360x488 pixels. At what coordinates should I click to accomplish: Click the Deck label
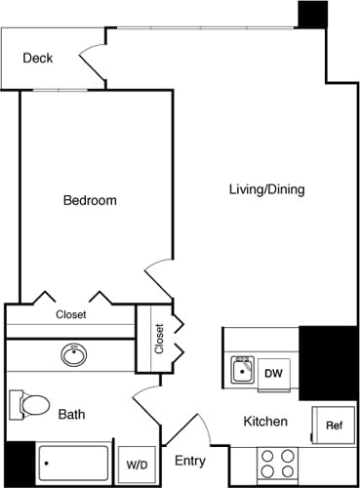click(37, 59)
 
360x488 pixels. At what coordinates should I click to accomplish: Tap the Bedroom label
click(90, 201)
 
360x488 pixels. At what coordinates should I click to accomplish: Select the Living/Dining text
click(266, 189)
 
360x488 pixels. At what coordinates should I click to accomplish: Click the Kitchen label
click(264, 422)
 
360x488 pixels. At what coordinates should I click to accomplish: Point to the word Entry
click(189, 461)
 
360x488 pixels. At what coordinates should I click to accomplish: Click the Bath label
click(71, 415)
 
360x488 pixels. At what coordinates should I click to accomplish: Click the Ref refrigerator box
click(333, 426)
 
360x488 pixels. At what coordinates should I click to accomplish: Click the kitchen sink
click(243, 371)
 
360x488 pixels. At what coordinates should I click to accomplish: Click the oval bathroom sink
click(73, 353)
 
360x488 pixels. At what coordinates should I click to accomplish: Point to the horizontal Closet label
click(70, 314)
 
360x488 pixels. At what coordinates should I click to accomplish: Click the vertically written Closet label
click(159, 338)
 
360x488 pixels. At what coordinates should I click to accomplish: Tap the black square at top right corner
click(312, 14)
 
